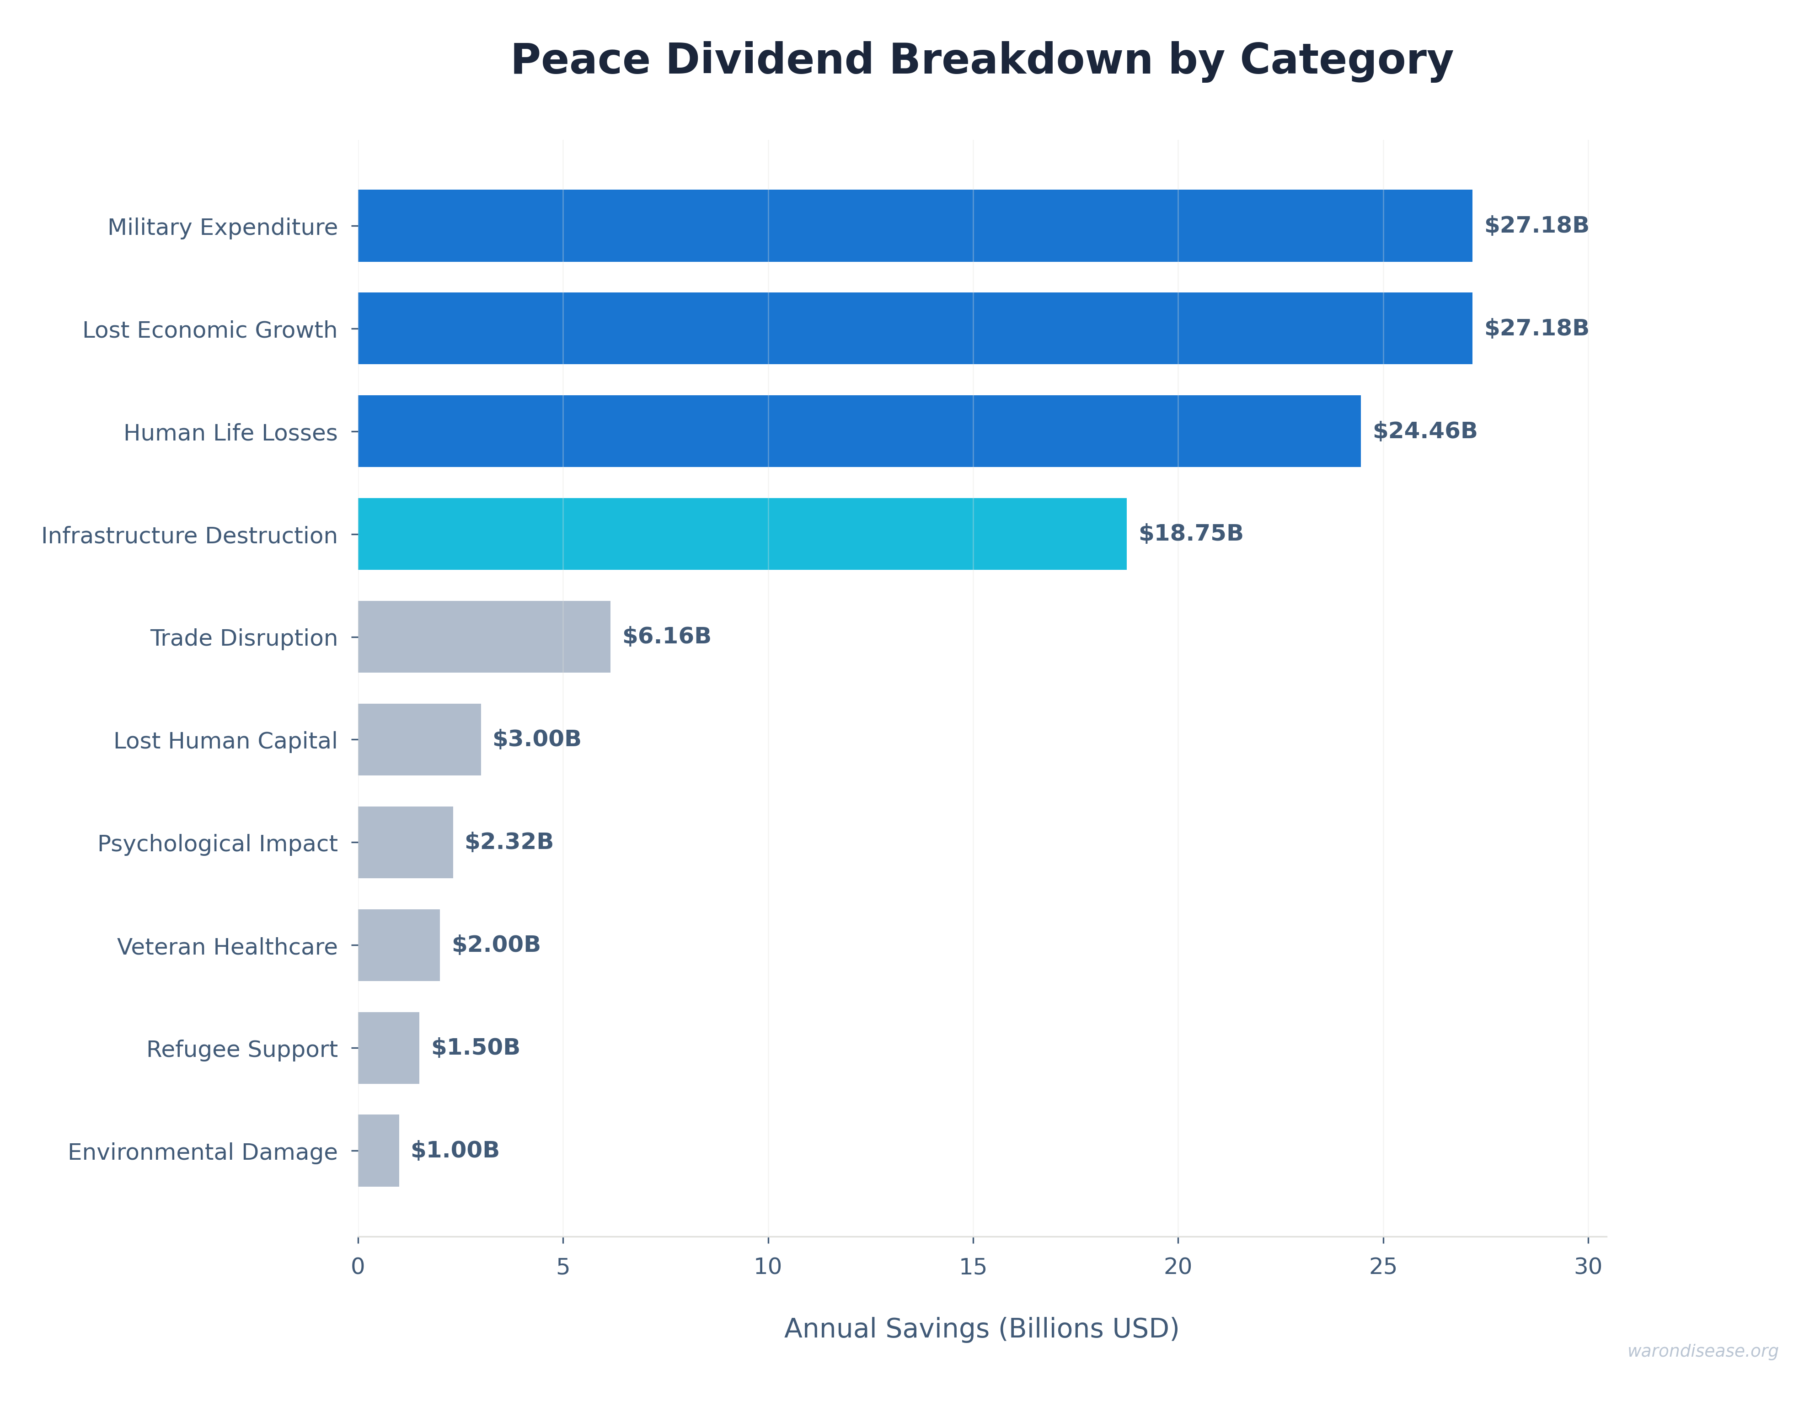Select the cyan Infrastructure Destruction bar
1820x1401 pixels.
pos(742,534)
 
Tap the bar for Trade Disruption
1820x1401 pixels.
pos(483,637)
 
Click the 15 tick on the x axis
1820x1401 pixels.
pos(973,1267)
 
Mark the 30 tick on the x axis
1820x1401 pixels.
pos(1588,1267)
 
